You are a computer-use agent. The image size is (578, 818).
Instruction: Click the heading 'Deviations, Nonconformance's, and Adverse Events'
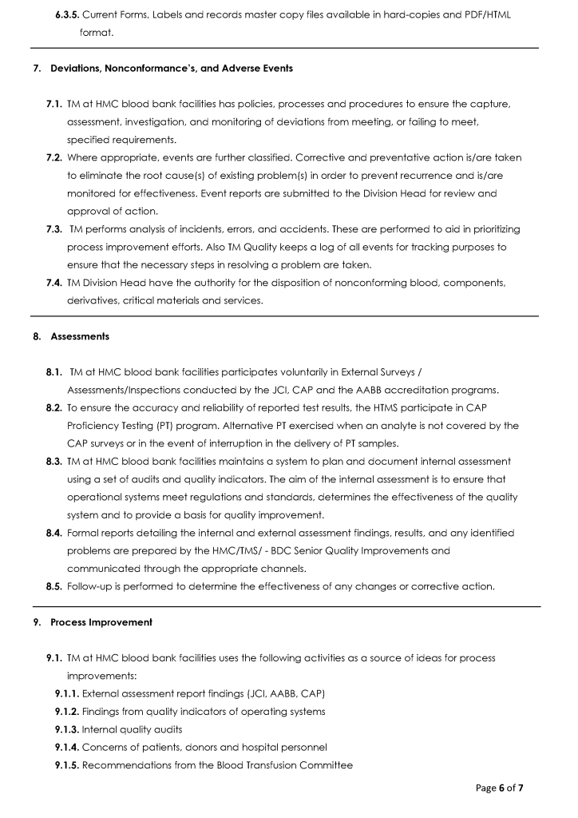pos(171,68)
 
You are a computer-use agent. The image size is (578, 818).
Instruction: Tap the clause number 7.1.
pos(53,104)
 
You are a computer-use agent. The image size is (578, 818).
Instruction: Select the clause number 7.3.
pos(53,229)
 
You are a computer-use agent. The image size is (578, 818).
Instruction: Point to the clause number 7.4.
pos(53,283)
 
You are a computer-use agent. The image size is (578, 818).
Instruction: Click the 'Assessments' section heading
pos(80,336)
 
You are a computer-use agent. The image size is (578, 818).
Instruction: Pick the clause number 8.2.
pos(53,408)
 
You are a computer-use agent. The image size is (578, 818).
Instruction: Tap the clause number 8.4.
pos(53,533)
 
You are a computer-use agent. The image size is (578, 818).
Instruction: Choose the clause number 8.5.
pos(53,586)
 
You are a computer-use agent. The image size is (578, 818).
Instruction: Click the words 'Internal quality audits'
pos(126,729)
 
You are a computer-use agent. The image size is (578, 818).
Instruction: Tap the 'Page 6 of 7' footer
pos(499,788)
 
